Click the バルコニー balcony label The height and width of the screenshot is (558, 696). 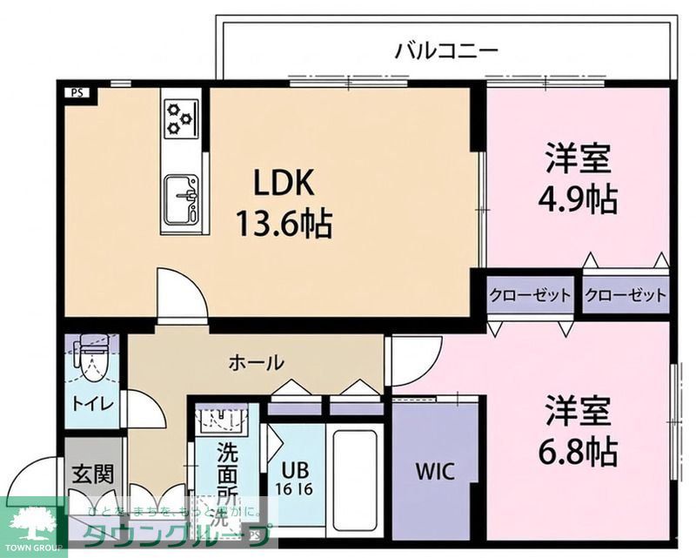coord(446,50)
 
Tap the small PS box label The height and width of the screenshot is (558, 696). coord(77,91)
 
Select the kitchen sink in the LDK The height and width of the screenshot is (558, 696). coord(181,197)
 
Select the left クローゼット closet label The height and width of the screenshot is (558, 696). coord(529,295)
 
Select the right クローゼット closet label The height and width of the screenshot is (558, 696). coord(625,295)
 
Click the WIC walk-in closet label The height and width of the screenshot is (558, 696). coord(432,473)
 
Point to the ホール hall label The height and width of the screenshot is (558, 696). coord(256,362)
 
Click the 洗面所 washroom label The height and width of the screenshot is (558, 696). coord(228,474)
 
